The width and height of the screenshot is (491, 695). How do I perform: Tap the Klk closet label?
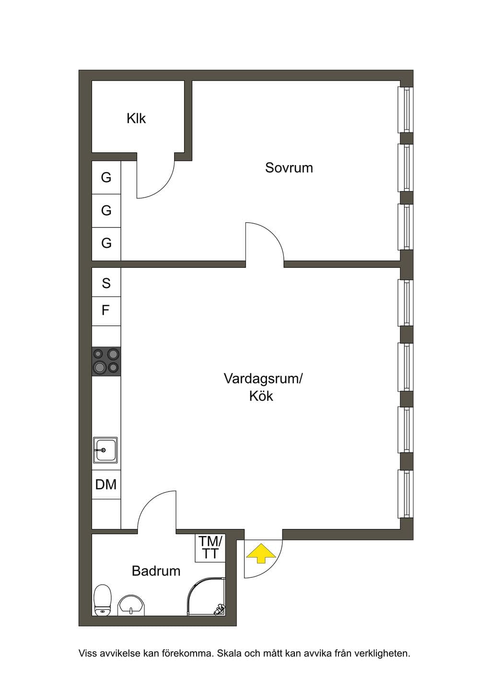pyautogui.click(x=136, y=118)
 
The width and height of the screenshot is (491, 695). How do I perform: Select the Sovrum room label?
pyautogui.click(x=289, y=168)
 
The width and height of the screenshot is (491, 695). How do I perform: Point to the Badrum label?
pyautogui.click(x=156, y=571)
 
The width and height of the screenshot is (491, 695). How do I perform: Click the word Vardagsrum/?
pyautogui.click(x=263, y=379)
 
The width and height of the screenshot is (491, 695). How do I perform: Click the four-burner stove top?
pyautogui.click(x=106, y=361)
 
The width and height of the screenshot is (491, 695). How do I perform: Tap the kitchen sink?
pyautogui.click(x=105, y=450)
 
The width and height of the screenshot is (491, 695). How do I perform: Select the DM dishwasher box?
pyautogui.click(x=106, y=484)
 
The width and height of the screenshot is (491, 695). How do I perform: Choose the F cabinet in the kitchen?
pyautogui.click(x=106, y=311)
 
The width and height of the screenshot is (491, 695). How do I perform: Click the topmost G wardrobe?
pyautogui.click(x=106, y=178)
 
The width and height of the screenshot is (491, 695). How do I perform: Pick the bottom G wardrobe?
pyautogui.click(x=106, y=244)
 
